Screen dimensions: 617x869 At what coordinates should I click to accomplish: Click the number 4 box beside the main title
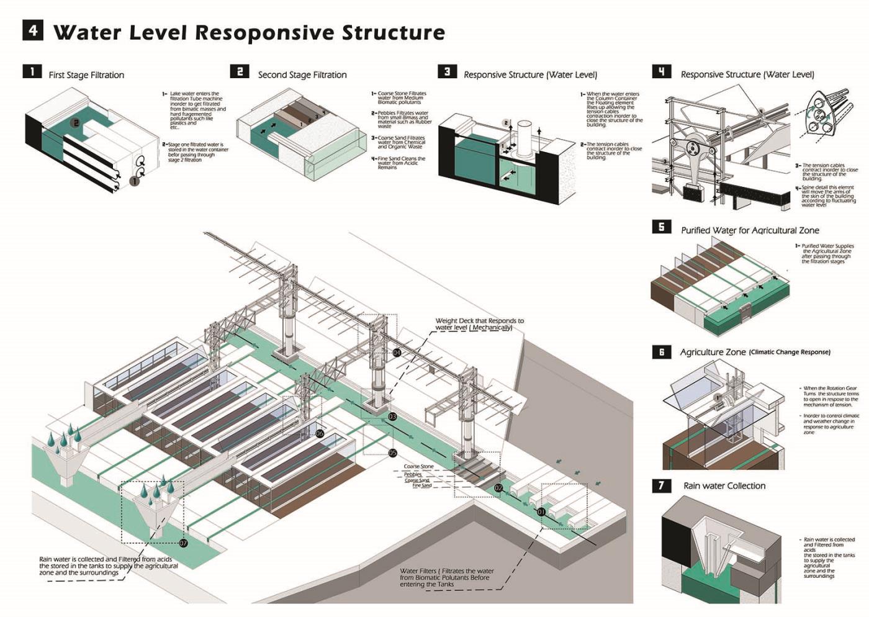pyautogui.click(x=33, y=30)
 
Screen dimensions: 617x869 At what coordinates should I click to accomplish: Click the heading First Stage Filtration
pyautogui.click(x=86, y=75)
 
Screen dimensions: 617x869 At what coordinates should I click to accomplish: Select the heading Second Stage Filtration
pyautogui.click(x=302, y=75)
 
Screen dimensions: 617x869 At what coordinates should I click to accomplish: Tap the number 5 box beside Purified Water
pyautogui.click(x=661, y=227)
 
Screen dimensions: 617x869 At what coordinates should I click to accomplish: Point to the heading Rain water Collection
pyautogui.click(x=724, y=486)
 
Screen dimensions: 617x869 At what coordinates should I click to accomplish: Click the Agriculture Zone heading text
pyautogui.click(x=713, y=352)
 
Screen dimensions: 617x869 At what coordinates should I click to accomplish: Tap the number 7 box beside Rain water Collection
pyautogui.click(x=661, y=485)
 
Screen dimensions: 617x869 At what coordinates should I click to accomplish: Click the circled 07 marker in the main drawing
pyautogui.click(x=183, y=543)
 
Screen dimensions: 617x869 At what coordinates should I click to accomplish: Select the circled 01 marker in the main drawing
pyautogui.click(x=541, y=512)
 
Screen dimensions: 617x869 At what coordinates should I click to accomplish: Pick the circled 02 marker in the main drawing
pyautogui.click(x=498, y=489)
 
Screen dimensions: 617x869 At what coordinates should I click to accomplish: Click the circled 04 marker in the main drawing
pyautogui.click(x=397, y=353)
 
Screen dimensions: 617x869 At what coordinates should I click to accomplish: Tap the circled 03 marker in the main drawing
pyautogui.click(x=392, y=417)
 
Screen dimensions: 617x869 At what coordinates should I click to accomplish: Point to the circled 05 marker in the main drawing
pyautogui.click(x=392, y=453)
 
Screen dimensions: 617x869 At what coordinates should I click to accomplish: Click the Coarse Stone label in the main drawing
pyautogui.click(x=419, y=466)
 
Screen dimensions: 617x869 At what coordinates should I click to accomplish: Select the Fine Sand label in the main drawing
pyautogui.click(x=422, y=485)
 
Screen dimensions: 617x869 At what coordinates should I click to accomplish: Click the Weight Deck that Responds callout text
pyautogui.click(x=479, y=324)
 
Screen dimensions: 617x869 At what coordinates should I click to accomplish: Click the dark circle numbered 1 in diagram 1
pyautogui.click(x=133, y=181)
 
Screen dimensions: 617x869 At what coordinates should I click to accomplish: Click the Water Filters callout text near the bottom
pyautogui.click(x=447, y=577)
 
